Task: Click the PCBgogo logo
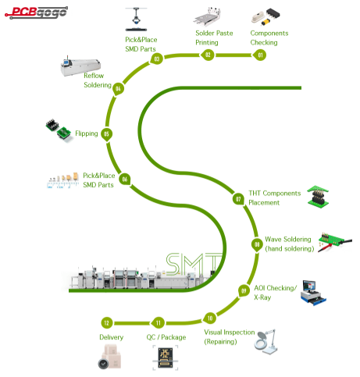tap(37, 12)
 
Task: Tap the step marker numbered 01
tap(260, 55)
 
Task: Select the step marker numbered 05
tap(106, 134)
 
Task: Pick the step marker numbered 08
tap(257, 245)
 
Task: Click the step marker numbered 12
tap(107, 323)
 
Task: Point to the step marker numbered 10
tap(210, 318)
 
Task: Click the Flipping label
tap(87, 133)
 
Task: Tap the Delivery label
tap(111, 337)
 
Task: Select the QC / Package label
tap(166, 337)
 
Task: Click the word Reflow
tap(94, 76)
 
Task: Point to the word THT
tap(255, 193)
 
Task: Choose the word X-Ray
tap(262, 297)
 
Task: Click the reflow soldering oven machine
tap(80, 66)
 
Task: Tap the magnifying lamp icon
tap(266, 341)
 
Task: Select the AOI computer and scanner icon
tap(313, 293)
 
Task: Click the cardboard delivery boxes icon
tap(109, 357)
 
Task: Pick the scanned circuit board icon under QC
tap(166, 357)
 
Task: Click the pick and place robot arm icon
tap(136, 20)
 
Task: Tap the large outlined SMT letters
tap(194, 265)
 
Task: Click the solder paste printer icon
tap(208, 16)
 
